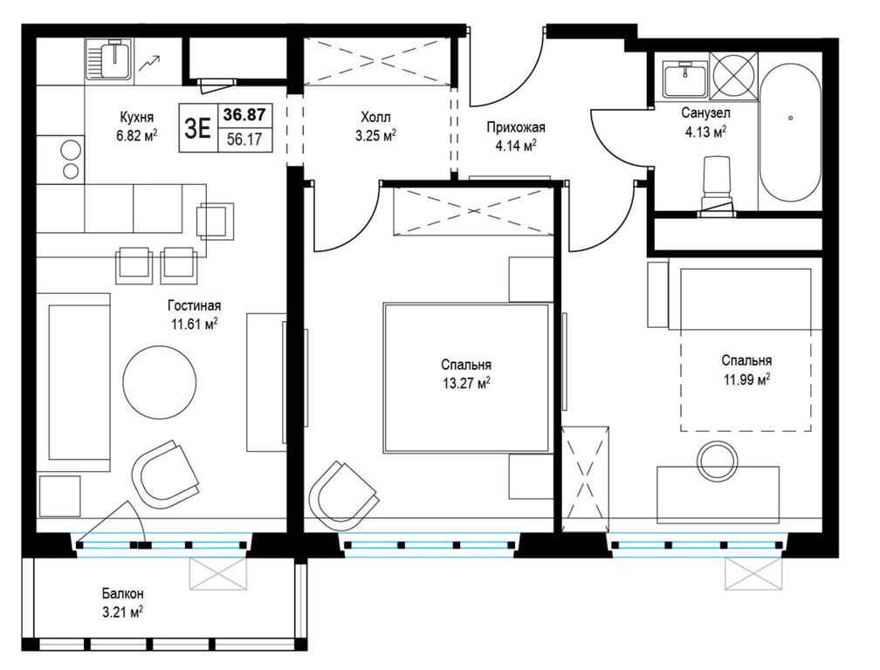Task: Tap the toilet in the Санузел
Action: [718, 186]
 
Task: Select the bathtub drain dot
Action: [790, 119]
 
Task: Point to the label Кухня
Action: [136, 117]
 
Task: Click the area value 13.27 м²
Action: [466, 384]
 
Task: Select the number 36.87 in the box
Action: [244, 115]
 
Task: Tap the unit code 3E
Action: [197, 129]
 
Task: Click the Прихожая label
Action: [516, 128]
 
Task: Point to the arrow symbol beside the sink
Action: [150, 63]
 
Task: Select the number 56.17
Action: [244, 140]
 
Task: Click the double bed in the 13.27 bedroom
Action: [466, 378]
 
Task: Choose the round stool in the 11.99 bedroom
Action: [717, 460]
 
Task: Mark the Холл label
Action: [376, 117]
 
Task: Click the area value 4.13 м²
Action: [704, 132]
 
